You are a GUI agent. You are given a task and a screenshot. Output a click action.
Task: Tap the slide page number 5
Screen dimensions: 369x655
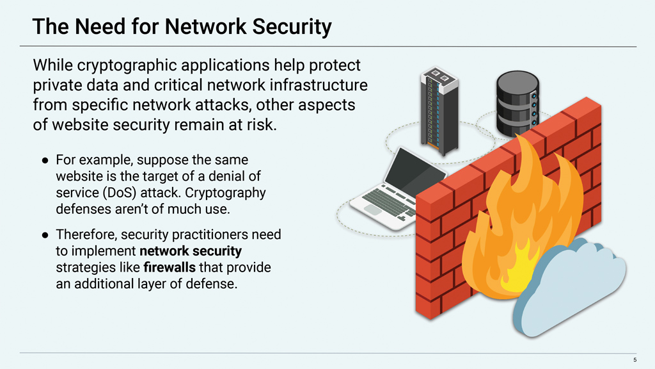[635, 360]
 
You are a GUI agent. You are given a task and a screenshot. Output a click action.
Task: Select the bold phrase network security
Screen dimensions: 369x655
[190, 250]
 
